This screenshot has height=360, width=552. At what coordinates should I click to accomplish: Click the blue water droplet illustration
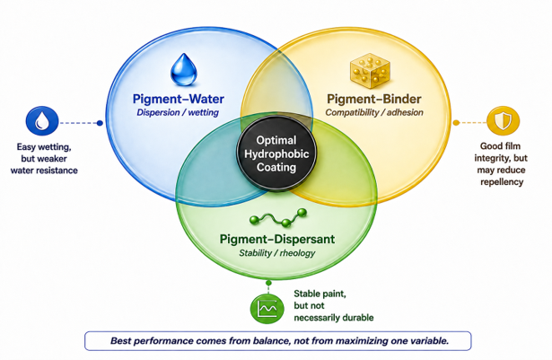[183, 69]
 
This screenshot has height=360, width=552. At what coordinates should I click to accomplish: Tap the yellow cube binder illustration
[370, 70]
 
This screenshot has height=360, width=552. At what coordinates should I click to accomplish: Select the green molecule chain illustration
[277, 217]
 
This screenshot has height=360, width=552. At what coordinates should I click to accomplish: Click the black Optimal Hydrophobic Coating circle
[276, 154]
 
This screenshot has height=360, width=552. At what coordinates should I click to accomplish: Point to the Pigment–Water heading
[178, 99]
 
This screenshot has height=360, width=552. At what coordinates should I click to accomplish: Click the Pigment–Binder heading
[374, 99]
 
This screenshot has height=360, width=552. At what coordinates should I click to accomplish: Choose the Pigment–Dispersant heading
[277, 239]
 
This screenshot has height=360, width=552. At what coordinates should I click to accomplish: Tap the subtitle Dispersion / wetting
[178, 112]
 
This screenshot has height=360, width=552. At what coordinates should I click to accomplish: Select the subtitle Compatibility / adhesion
[374, 112]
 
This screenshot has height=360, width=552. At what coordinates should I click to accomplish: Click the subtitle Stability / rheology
[277, 253]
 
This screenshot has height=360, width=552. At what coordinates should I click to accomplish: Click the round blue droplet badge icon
[42, 121]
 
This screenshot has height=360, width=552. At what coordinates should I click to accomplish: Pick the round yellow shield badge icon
[503, 121]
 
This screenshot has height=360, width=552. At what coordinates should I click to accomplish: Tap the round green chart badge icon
[267, 309]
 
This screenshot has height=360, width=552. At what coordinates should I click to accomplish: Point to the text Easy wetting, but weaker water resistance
[44, 159]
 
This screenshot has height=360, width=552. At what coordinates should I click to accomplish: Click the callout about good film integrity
[501, 163]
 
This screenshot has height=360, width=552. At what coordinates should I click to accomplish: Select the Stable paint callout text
[333, 306]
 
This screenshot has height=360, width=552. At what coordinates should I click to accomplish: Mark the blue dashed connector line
[81, 123]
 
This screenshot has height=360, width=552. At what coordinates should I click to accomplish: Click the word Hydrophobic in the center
[276, 154]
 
